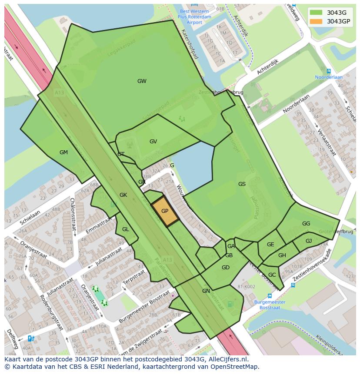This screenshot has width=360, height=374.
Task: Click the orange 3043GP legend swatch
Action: [x=317, y=21]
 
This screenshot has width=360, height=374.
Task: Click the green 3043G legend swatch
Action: [x=317, y=13]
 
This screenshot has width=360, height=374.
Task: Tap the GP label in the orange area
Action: [x=165, y=211]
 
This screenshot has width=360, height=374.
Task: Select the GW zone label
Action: [x=142, y=81]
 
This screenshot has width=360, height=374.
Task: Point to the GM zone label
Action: [x=63, y=152]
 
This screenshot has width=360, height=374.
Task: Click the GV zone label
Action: [x=153, y=142]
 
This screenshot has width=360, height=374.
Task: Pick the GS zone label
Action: [x=242, y=184]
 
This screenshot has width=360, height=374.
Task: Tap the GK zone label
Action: [x=123, y=195]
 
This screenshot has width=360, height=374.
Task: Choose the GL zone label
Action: [x=126, y=229]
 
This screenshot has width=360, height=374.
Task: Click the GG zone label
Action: [x=306, y=224]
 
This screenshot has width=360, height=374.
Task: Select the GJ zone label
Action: [x=309, y=241]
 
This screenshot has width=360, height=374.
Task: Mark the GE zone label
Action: [x=270, y=245]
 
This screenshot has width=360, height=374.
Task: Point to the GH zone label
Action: [x=282, y=255]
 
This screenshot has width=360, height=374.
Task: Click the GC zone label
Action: [x=272, y=275]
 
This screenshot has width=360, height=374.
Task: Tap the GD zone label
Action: [x=225, y=268]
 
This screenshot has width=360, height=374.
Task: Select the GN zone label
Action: [x=206, y=291]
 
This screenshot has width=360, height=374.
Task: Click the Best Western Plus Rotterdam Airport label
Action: [x=194, y=17]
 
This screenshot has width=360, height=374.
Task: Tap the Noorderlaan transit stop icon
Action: [x=329, y=71]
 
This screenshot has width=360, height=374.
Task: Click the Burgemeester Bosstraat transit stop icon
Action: [x=270, y=296]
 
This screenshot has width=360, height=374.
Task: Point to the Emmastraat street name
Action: [x=99, y=224]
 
